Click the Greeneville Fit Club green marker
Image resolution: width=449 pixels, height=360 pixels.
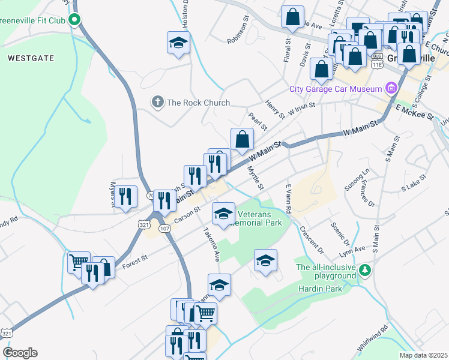pyautogui.click(x=74, y=20)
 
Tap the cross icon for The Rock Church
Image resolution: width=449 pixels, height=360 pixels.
pyautogui.click(x=158, y=102)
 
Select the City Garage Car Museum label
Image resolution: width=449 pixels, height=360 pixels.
pyautogui.click(x=336, y=89)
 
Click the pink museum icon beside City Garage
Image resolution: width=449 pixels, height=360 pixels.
pyautogui.click(x=391, y=89)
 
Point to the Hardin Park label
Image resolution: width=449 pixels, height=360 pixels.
pyautogui.click(x=320, y=289)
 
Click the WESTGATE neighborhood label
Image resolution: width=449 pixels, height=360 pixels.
pyautogui.click(x=31, y=58)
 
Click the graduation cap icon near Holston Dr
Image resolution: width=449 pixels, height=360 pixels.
pyautogui.click(x=179, y=43)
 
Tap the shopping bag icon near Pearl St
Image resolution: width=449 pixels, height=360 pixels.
pyautogui.click(x=241, y=139)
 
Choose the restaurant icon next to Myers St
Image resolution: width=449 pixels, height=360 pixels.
pyautogui.click(x=125, y=196)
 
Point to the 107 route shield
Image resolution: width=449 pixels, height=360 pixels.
pyautogui.click(x=165, y=229)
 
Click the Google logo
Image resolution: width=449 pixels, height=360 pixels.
pyautogui.click(x=20, y=352)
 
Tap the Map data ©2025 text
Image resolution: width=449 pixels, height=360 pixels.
pyautogui.click(x=423, y=355)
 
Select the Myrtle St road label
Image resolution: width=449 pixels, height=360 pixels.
pyautogui.click(x=256, y=178)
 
